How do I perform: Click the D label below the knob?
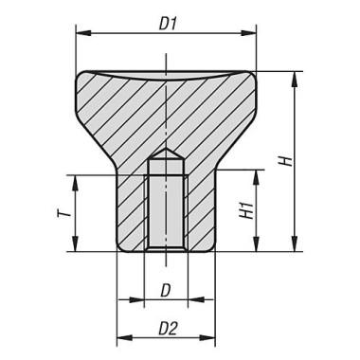point(166,287)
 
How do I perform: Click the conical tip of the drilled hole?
point(166,152)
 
